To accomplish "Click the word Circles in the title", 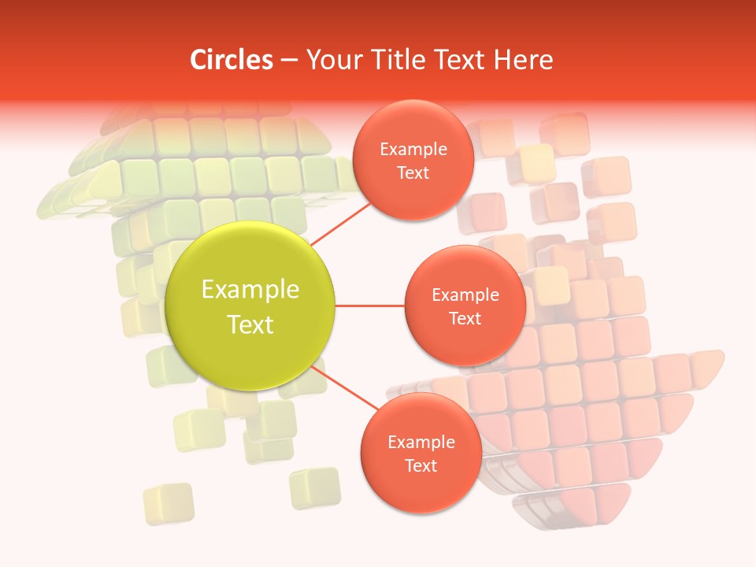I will click(232, 60).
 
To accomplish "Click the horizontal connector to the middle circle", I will click(370, 306).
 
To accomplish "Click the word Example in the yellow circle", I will click(250, 290).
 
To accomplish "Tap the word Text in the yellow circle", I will click(250, 324).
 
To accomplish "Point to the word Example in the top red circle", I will click(413, 150).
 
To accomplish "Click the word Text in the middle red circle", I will click(465, 318).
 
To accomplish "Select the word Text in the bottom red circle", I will click(421, 465).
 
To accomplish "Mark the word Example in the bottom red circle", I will click(421, 443).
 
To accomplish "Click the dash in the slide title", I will click(289, 60).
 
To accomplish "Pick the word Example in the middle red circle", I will click(465, 295).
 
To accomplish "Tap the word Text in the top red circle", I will click(413, 172).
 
